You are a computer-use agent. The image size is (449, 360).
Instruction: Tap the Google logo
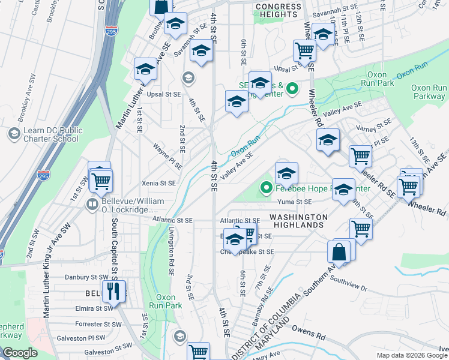(20, 353)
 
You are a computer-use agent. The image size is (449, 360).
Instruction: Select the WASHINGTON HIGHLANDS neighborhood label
(298, 221)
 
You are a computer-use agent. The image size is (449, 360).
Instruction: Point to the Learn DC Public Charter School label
(50, 134)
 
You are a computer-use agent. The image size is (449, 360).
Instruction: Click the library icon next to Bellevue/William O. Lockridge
(92, 205)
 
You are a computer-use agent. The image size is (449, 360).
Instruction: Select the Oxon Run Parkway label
(429, 92)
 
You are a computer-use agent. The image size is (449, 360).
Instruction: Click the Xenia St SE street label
(159, 183)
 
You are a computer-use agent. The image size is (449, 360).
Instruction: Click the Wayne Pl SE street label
(167, 147)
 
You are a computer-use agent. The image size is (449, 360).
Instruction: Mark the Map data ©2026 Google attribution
(411, 355)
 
